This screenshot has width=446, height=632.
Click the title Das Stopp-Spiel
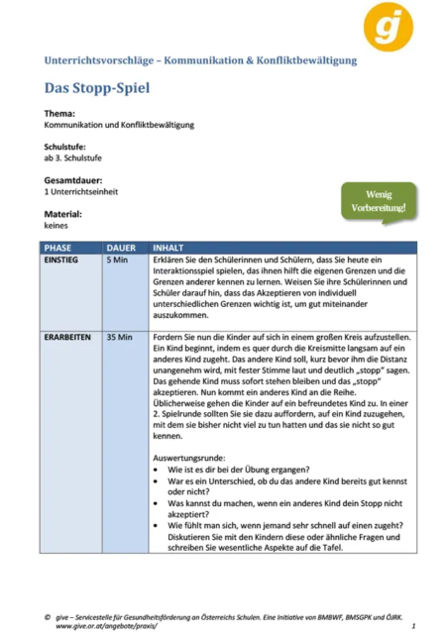(97, 87)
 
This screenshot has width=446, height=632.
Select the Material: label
(65, 214)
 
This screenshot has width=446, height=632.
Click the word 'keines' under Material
(56, 226)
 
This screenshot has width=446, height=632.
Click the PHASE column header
(58, 246)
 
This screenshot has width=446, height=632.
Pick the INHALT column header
(168, 246)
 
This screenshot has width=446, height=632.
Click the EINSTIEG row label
(63, 259)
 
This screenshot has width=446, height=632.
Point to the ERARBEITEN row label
(68, 338)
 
